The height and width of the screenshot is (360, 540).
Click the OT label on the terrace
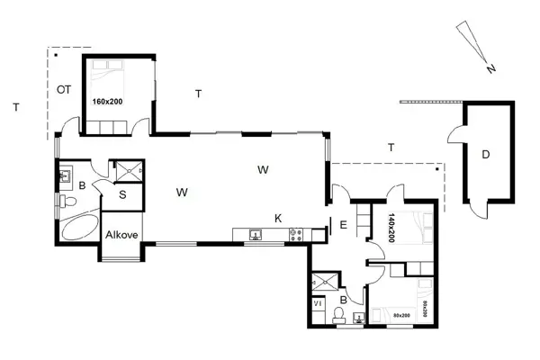(x=64, y=89)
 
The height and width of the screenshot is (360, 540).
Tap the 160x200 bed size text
(x=108, y=102)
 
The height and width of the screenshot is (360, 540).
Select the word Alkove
(x=121, y=235)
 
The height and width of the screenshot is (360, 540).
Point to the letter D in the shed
(x=485, y=156)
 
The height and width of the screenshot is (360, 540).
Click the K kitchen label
(x=279, y=218)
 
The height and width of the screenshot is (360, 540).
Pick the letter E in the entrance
(x=343, y=226)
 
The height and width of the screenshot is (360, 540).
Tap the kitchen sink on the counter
(x=256, y=236)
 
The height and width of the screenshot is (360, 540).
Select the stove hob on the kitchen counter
(x=294, y=236)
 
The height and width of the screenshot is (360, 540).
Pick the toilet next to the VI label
(x=339, y=315)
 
